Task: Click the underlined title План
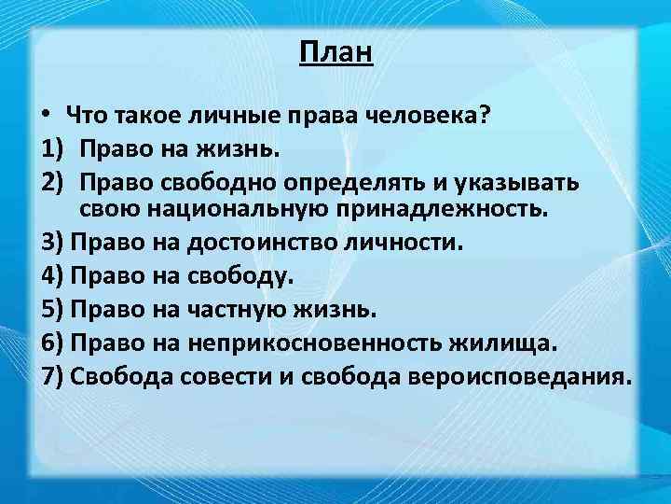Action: coord(335,53)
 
